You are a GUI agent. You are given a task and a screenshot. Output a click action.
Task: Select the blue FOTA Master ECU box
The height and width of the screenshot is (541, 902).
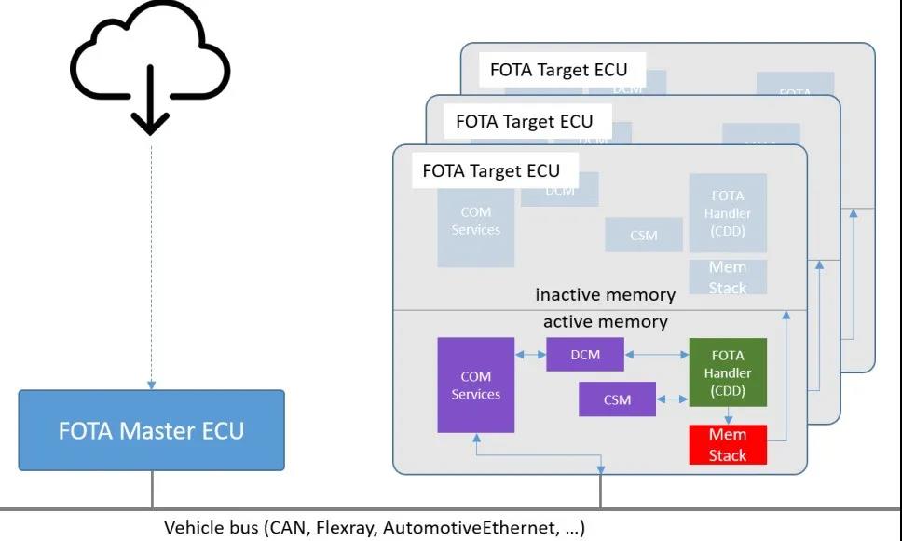click(151, 430)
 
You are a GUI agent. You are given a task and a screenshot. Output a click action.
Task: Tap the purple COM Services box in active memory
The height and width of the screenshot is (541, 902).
click(475, 385)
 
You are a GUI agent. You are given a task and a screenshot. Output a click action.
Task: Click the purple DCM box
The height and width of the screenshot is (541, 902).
click(585, 355)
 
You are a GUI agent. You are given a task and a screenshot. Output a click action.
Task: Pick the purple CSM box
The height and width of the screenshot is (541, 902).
click(617, 399)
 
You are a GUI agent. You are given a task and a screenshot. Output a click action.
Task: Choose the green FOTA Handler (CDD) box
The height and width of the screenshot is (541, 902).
click(728, 372)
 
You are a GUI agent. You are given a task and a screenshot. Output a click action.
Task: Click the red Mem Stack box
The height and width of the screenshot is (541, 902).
click(728, 444)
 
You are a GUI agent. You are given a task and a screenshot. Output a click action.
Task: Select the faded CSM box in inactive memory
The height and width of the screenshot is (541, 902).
click(643, 235)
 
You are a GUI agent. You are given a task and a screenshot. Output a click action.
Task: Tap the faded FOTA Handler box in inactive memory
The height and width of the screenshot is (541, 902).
click(728, 212)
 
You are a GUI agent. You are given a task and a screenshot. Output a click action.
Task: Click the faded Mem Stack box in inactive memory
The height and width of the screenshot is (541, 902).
click(728, 277)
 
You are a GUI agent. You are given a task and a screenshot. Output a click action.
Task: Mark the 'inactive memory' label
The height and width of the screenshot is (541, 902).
click(605, 295)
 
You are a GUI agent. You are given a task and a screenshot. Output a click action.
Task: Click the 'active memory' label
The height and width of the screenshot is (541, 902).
click(605, 322)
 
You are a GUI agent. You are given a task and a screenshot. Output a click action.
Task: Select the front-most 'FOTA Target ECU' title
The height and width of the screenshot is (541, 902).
click(491, 170)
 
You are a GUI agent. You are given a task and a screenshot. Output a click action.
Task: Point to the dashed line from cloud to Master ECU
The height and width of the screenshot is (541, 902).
click(150, 261)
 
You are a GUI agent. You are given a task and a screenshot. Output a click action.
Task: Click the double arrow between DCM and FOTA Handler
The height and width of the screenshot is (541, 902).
click(657, 355)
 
